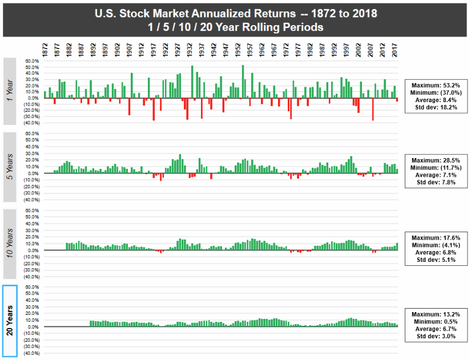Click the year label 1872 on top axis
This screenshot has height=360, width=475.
coord(45,48)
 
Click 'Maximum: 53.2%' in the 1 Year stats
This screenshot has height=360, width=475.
coord(436,84)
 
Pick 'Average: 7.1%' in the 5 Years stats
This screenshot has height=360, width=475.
coord(436,175)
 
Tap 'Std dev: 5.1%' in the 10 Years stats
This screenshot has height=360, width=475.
coord(436,260)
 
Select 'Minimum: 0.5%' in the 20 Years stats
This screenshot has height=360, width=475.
coord(436,322)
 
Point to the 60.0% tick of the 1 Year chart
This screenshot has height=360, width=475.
coord(32,61)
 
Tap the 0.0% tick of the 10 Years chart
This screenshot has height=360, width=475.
coord(33,250)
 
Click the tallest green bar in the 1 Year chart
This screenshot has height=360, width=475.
coord(243,82)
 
